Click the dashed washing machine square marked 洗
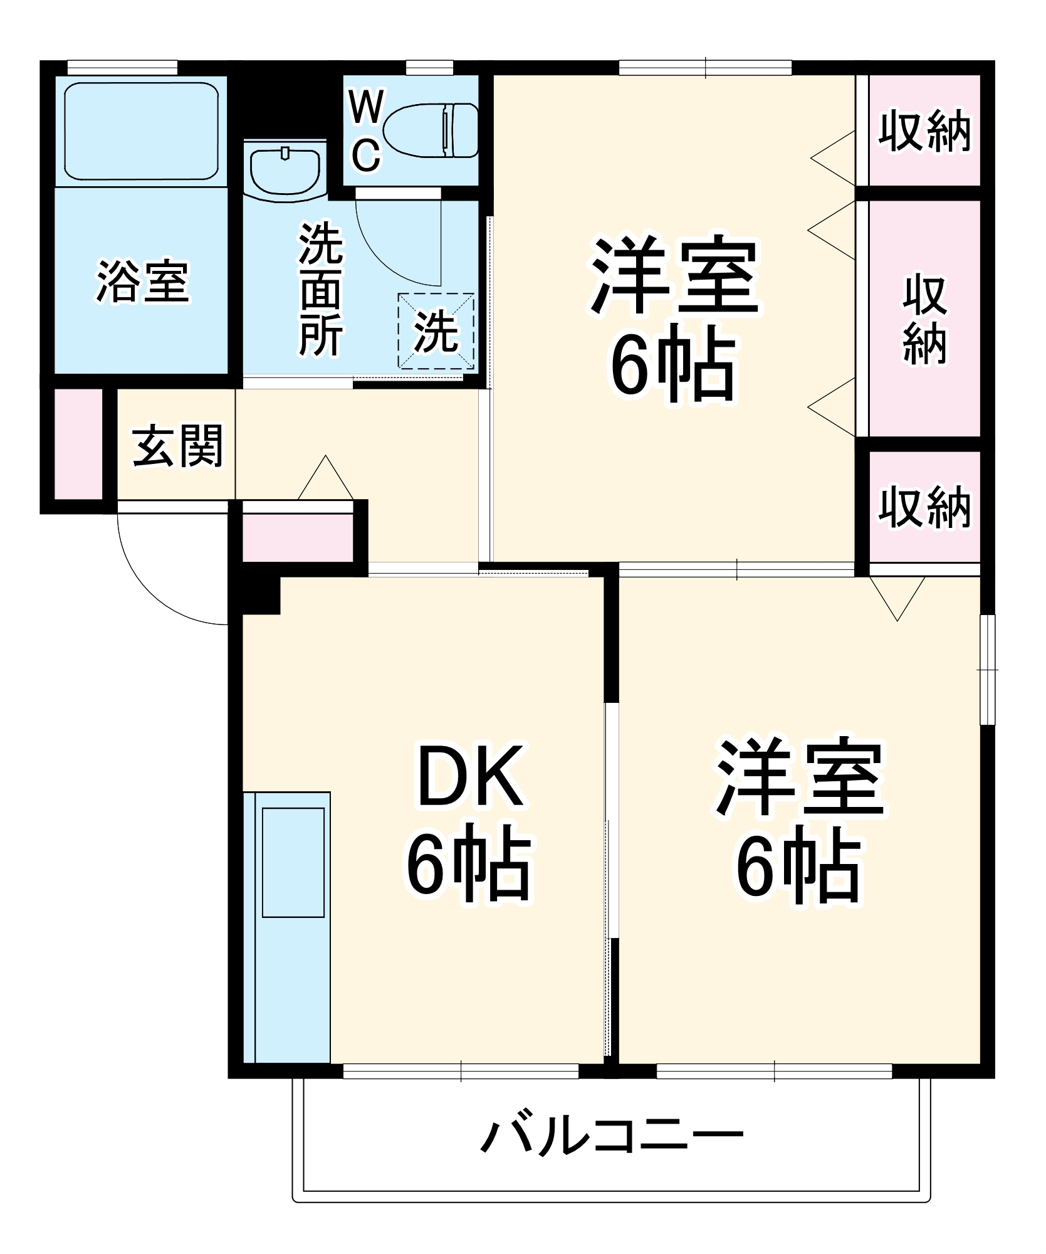(x=436, y=331)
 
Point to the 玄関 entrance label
(x=178, y=446)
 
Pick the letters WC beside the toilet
(x=365, y=130)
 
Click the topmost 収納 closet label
(x=924, y=131)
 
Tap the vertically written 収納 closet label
(x=924, y=319)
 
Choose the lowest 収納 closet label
(x=924, y=507)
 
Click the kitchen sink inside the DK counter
(x=293, y=862)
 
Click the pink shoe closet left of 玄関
(x=78, y=444)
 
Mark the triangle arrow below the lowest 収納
(x=897, y=596)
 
